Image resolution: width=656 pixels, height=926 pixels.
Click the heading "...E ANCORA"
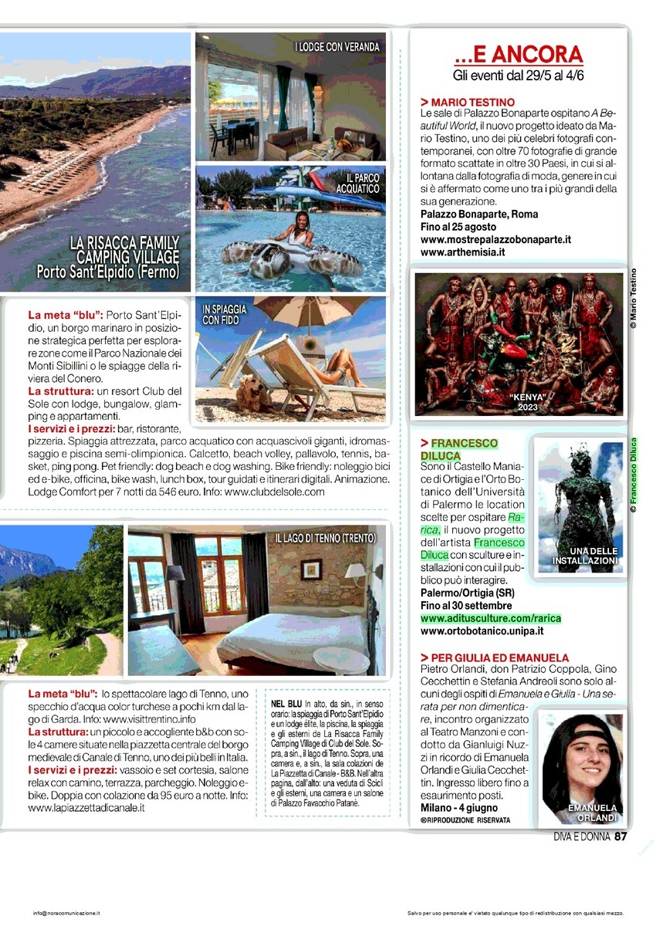(518, 55)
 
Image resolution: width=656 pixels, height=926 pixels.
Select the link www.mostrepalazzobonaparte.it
(495, 239)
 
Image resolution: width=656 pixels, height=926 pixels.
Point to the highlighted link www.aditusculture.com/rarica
(491, 618)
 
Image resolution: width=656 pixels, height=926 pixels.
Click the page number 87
(621, 836)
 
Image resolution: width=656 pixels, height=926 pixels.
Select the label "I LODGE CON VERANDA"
(337, 47)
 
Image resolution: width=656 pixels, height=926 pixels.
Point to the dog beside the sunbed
(255, 394)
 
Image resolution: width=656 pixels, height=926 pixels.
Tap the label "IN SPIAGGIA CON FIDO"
(225, 314)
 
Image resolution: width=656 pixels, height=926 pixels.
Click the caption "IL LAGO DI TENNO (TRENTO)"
(325, 537)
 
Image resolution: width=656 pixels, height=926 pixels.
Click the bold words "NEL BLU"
(286, 704)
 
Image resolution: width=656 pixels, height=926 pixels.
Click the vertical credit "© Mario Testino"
(634, 299)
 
